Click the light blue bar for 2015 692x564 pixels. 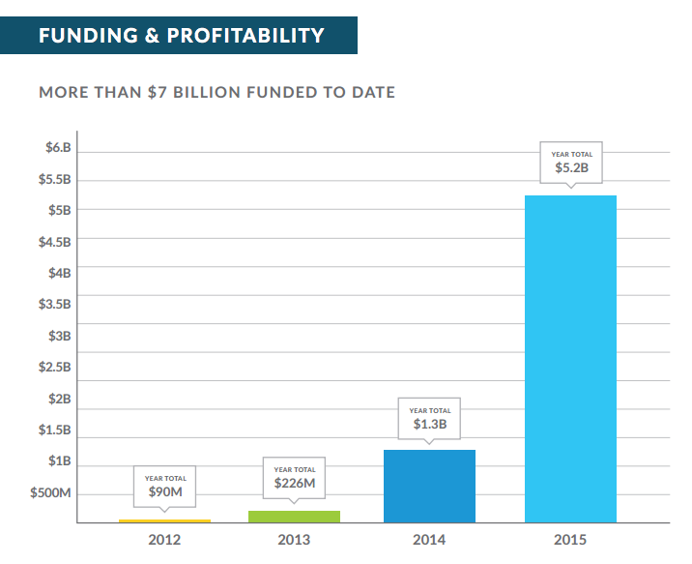tap(570, 358)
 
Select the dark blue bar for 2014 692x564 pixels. tap(429, 486)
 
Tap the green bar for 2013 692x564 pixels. tap(294, 517)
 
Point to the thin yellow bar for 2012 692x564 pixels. tap(164, 520)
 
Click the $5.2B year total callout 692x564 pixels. tap(571, 163)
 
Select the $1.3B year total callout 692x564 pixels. tap(430, 419)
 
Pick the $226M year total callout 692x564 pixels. tap(294, 478)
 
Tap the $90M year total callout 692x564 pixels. tap(165, 487)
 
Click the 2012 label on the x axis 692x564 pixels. tap(164, 540)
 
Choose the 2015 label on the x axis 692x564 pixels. tap(570, 540)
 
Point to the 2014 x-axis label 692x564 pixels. tap(429, 540)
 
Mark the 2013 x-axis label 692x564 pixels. tap(294, 540)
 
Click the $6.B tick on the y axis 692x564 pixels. tap(58, 148)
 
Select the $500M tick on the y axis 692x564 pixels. tap(51, 493)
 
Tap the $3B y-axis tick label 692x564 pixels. tap(60, 336)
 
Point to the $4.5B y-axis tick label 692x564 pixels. tap(55, 242)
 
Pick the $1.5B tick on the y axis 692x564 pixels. tap(55, 430)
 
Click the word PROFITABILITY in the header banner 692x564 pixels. tap(247, 37)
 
